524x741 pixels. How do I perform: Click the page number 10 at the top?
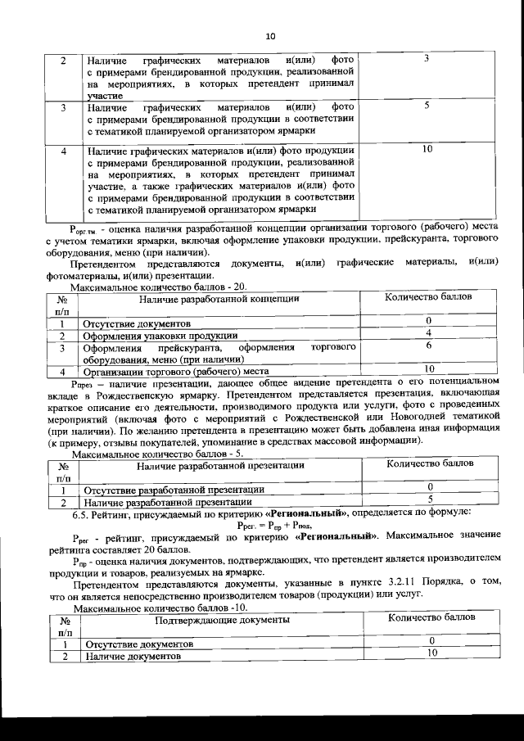(271, 35)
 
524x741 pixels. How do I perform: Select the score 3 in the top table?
(427, 60)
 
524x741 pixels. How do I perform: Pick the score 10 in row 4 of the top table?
(427, 149)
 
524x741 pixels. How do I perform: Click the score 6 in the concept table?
(428, 346)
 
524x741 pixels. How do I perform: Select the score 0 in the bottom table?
(431, 641)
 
